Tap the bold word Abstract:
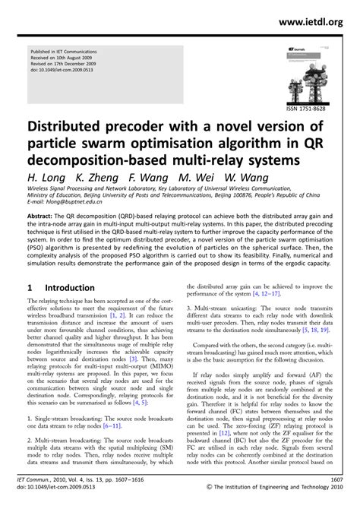tap(45, 216)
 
